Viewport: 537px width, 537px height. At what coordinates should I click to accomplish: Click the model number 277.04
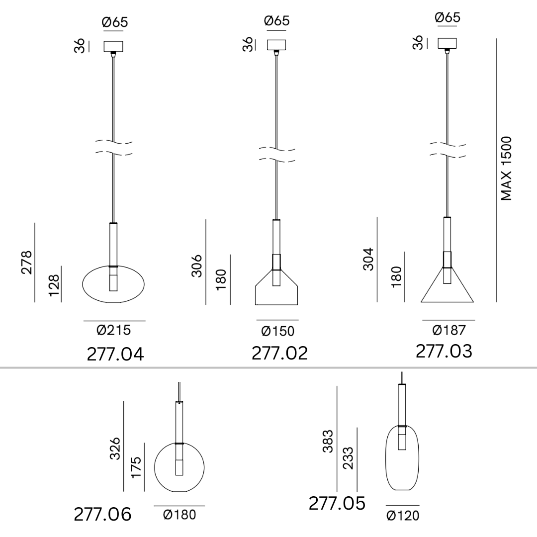click(115, 354)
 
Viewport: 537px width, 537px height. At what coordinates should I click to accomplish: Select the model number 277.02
click(280, 353)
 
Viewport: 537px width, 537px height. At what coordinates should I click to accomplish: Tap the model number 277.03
click(444, 352)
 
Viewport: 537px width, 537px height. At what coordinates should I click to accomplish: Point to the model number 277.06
click(102, 514)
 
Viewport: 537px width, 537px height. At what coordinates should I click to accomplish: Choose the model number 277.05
click(337, 503)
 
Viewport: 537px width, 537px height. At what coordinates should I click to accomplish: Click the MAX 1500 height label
click(506, 169)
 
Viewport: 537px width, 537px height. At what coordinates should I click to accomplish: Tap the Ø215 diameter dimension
click(114, 330)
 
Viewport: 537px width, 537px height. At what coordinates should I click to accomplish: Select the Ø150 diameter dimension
click(277, 331)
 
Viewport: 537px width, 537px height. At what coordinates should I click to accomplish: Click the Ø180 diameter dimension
click(179, 515)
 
